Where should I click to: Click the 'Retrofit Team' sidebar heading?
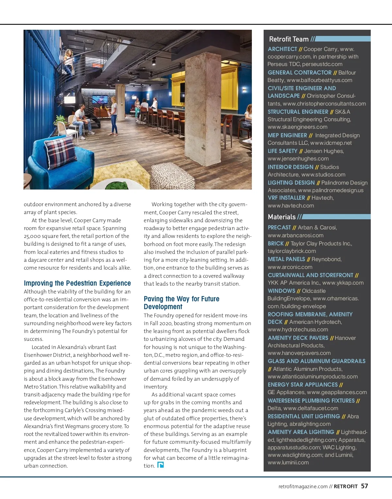coord(289,39)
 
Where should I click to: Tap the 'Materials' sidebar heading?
coord(282,217)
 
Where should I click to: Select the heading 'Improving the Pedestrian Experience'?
coord(77,283)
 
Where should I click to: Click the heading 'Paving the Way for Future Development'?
coord(181,303)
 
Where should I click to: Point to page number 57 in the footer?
coord(364,486)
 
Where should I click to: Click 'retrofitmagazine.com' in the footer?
coord(303,487)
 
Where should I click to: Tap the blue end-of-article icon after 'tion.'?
coord(160,465)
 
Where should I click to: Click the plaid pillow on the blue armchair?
coord(61,152)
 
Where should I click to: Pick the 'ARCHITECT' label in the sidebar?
coord(282,49)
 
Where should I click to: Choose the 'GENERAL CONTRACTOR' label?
coord(300,73)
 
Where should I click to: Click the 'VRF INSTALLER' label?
coord(286,198)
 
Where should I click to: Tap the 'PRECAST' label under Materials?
coord(279,227)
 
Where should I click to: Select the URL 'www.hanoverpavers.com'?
coord(299,353)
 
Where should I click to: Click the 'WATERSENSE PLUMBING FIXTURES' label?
coord(311,401)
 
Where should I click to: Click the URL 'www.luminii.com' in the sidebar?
coord(288,463)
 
